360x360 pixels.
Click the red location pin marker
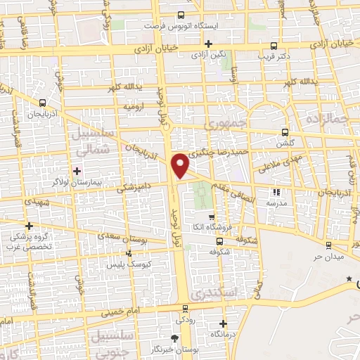click(181, 167)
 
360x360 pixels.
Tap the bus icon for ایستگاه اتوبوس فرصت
click(181, 15)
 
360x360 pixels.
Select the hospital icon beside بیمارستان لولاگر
click(77, 171)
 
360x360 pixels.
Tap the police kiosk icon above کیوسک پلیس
click(128, 253)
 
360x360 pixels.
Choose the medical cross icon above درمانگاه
click(223, 324)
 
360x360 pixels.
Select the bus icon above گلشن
click(285, 131)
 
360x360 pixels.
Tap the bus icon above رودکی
click(186, 309)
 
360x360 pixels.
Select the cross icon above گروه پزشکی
click(29, 226)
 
